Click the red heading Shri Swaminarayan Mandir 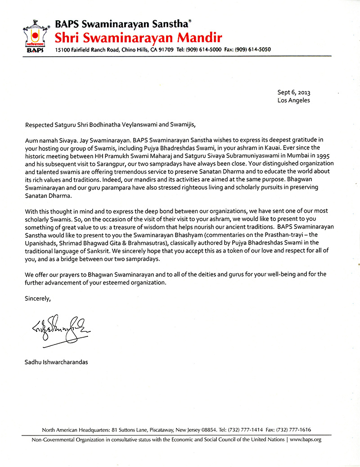(138, 36)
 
